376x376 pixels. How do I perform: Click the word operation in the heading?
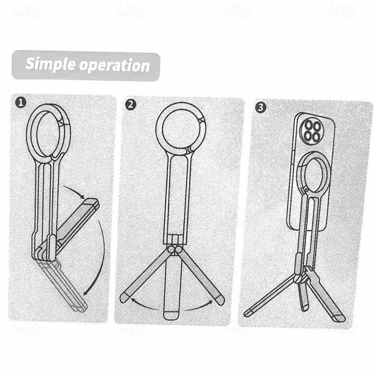point(115,65)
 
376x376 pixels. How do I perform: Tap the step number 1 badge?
point(21,103)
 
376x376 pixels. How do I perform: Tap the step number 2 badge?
point(131,105)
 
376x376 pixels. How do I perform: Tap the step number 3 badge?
point(260,107)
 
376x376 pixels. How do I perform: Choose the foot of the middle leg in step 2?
point(171,315)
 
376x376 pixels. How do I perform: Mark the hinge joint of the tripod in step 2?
point(175,250)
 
